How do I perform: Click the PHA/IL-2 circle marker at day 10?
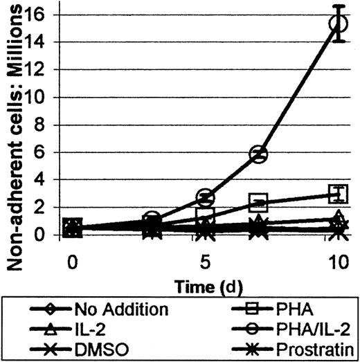point(338,24)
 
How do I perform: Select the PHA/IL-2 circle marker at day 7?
point(259,154)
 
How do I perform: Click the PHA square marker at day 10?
point(338,193)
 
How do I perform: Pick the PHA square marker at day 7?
point(259,203)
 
